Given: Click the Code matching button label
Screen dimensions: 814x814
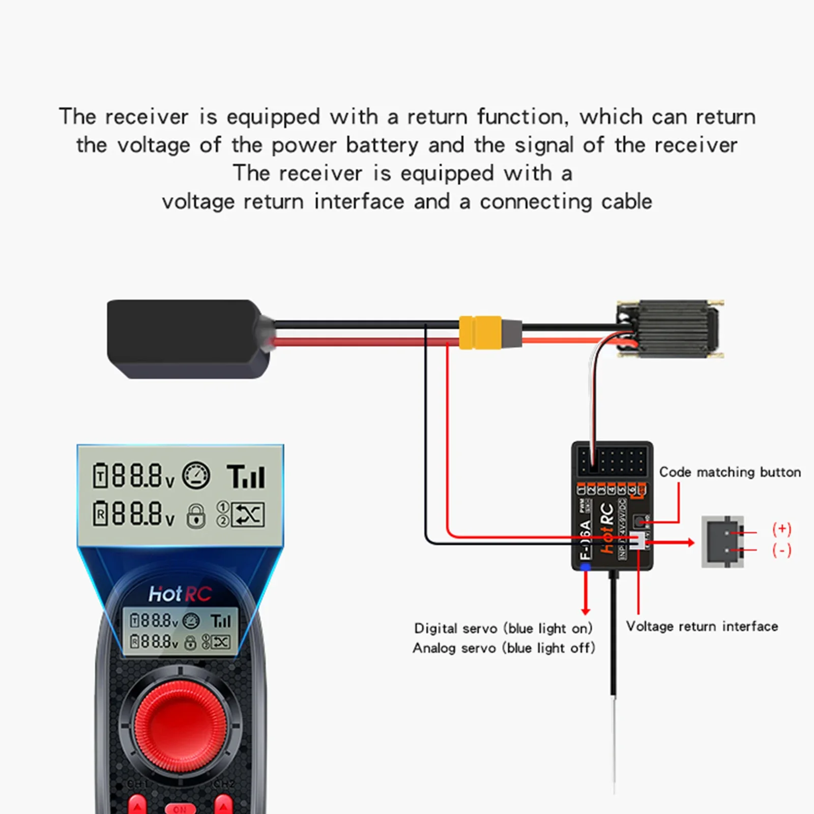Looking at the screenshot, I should coord(730,472).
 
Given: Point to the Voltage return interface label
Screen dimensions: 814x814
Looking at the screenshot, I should coord(702,626).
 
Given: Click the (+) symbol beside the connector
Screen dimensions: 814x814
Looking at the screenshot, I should coord(781,529).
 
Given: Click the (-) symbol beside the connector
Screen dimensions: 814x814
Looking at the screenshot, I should coord(781,550).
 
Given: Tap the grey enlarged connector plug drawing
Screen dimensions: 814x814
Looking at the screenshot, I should coord(722,541).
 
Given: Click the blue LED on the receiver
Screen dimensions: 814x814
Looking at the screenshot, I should coord(586,567).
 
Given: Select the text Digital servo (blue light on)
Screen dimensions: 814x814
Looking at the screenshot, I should coord(503,628).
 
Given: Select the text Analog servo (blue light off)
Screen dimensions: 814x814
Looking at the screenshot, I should coord(503,648).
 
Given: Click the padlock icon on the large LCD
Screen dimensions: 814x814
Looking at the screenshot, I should coord(196,515).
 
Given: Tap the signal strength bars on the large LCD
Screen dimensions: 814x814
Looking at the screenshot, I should coord(246,477).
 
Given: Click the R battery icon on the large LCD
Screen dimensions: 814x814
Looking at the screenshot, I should coord(100,514).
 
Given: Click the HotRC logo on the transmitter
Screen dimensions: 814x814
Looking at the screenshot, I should coord(180,594).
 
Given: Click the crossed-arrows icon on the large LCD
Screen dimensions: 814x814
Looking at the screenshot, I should coord(248,514).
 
